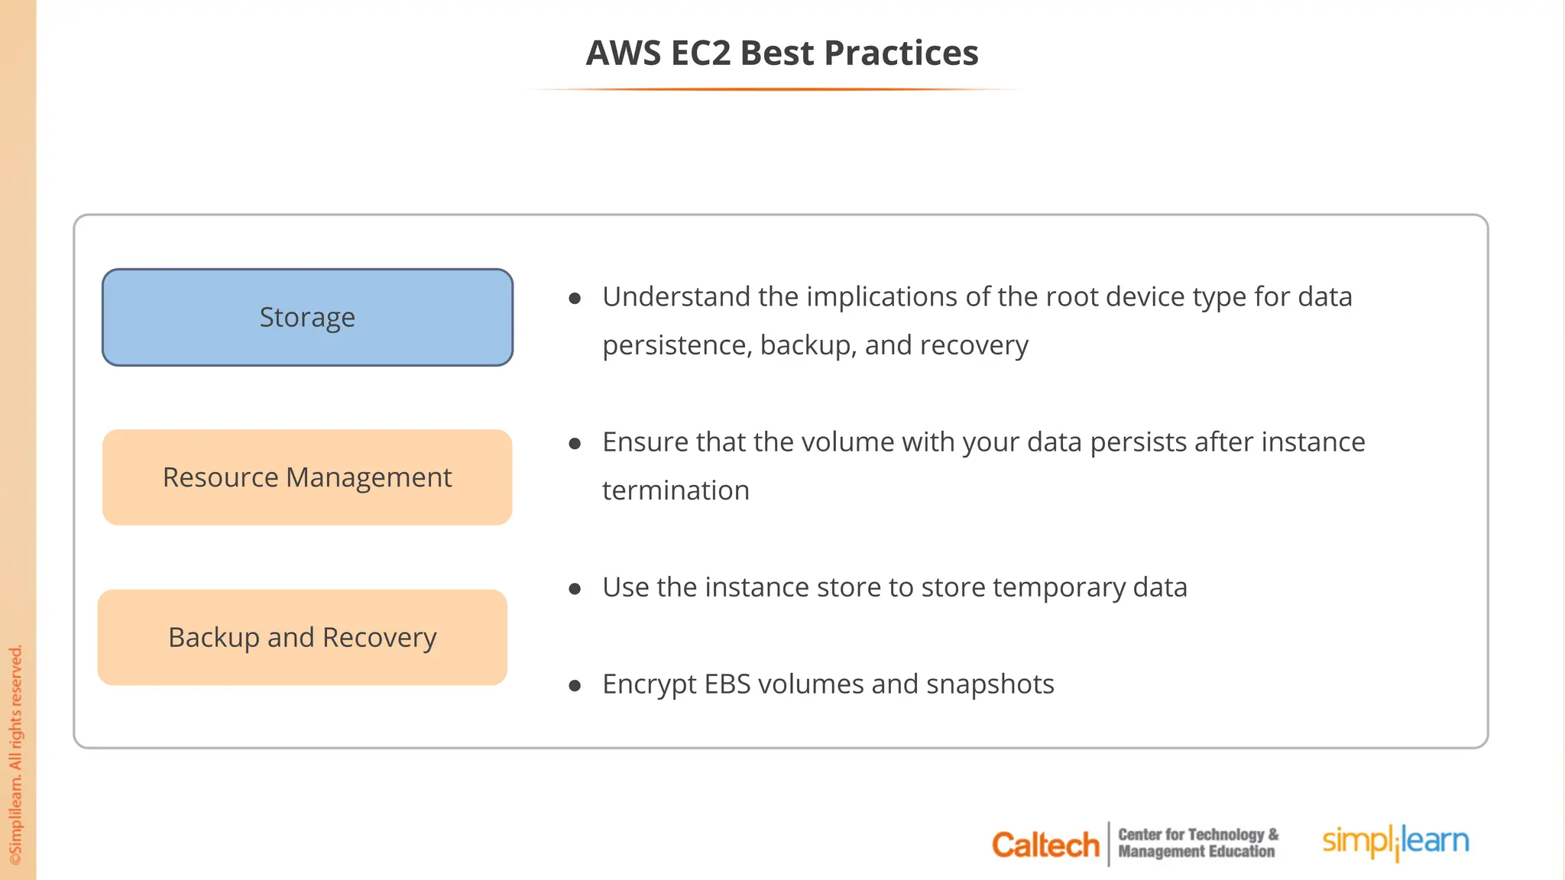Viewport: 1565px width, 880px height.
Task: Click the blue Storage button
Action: pos(307,317)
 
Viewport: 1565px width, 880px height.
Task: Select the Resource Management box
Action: pos(307,477)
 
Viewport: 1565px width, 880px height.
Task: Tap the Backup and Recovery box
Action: pos(303,637)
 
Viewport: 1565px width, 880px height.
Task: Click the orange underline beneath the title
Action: pos(773,89)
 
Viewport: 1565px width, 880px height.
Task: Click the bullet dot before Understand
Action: pos(575,299)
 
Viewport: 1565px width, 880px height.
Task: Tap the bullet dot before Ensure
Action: pos(575,444)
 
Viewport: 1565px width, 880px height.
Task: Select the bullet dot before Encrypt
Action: pos(575,686)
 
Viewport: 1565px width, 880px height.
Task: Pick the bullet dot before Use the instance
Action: pos(575,589)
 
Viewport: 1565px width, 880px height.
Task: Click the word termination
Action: pos(676,490)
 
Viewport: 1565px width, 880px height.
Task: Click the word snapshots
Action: pos(990,684)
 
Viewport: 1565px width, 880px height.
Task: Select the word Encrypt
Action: pos(649,684)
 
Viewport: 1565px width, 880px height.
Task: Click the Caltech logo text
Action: pos(1045,845)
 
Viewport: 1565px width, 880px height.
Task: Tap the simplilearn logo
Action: pos(1395,842)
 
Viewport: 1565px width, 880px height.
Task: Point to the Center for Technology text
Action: pos(1197,835)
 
